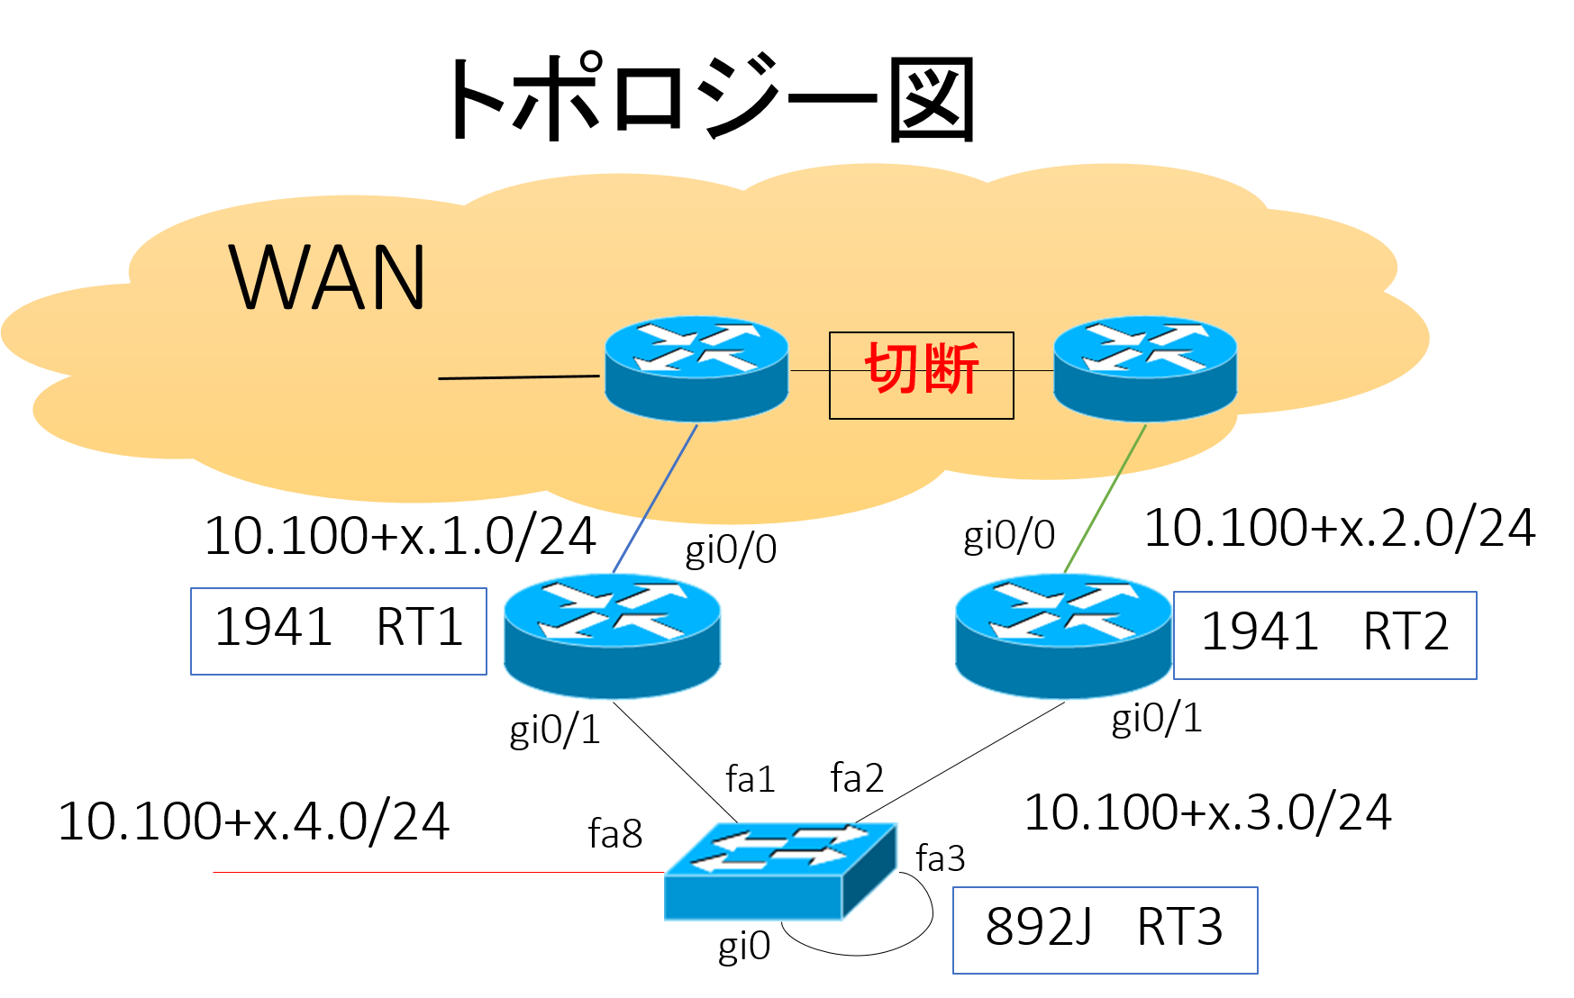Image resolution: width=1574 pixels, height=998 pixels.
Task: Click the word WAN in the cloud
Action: pos(328,277)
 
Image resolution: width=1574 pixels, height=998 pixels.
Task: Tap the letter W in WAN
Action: pos(266,277)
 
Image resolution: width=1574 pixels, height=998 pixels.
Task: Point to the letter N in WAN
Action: pos(396,277)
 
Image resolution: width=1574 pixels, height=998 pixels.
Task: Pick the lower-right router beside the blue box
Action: pos(1063,635)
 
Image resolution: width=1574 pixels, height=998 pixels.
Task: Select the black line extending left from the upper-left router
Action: pos(518,377)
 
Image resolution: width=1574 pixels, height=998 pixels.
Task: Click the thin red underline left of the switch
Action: pos(360,871)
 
